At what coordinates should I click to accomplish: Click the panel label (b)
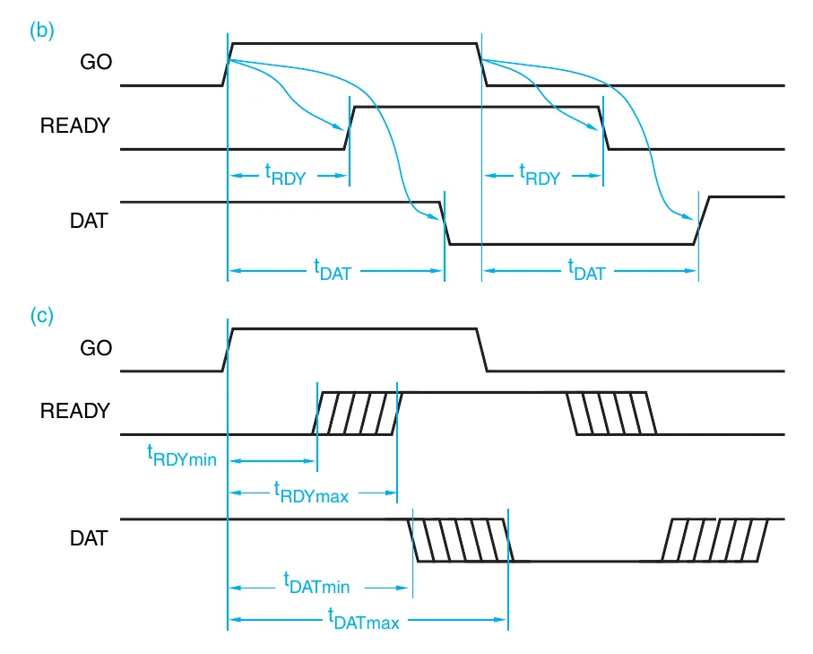[42, 30]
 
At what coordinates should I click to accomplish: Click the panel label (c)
[42, 316]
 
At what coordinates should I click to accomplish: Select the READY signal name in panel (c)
[75, 411]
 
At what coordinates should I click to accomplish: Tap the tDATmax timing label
[363, 618]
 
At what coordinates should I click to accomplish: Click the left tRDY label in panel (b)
[285, 176]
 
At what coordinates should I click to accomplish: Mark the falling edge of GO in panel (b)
[482, 64]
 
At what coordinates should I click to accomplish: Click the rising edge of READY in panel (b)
[350, 127]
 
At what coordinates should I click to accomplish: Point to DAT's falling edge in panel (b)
[445, 223]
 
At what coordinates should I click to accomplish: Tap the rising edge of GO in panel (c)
[228, 350]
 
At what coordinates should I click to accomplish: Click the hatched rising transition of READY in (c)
[357, 414]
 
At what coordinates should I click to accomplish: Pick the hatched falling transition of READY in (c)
[611, 414]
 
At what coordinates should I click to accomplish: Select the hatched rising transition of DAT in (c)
[715, 540]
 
